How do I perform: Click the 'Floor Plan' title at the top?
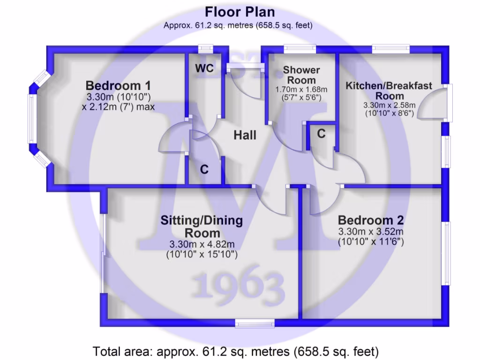point(240,12)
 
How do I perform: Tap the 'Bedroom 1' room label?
point(119,86)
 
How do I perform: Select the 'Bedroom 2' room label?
point(371,220)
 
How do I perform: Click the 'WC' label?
point(204,68)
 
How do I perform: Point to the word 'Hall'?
point(245,135)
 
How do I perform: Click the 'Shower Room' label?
point(301,75)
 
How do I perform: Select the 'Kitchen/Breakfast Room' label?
point(389,91)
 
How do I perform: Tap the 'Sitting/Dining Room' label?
point(202,226)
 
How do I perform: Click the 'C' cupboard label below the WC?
point(204,169)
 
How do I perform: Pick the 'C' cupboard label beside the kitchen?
point(321,134)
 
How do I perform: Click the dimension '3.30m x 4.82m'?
point(202,244)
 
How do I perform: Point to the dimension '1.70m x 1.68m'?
point(301,90)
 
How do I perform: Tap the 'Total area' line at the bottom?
point(236,351)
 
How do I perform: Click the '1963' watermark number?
point(239,284)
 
